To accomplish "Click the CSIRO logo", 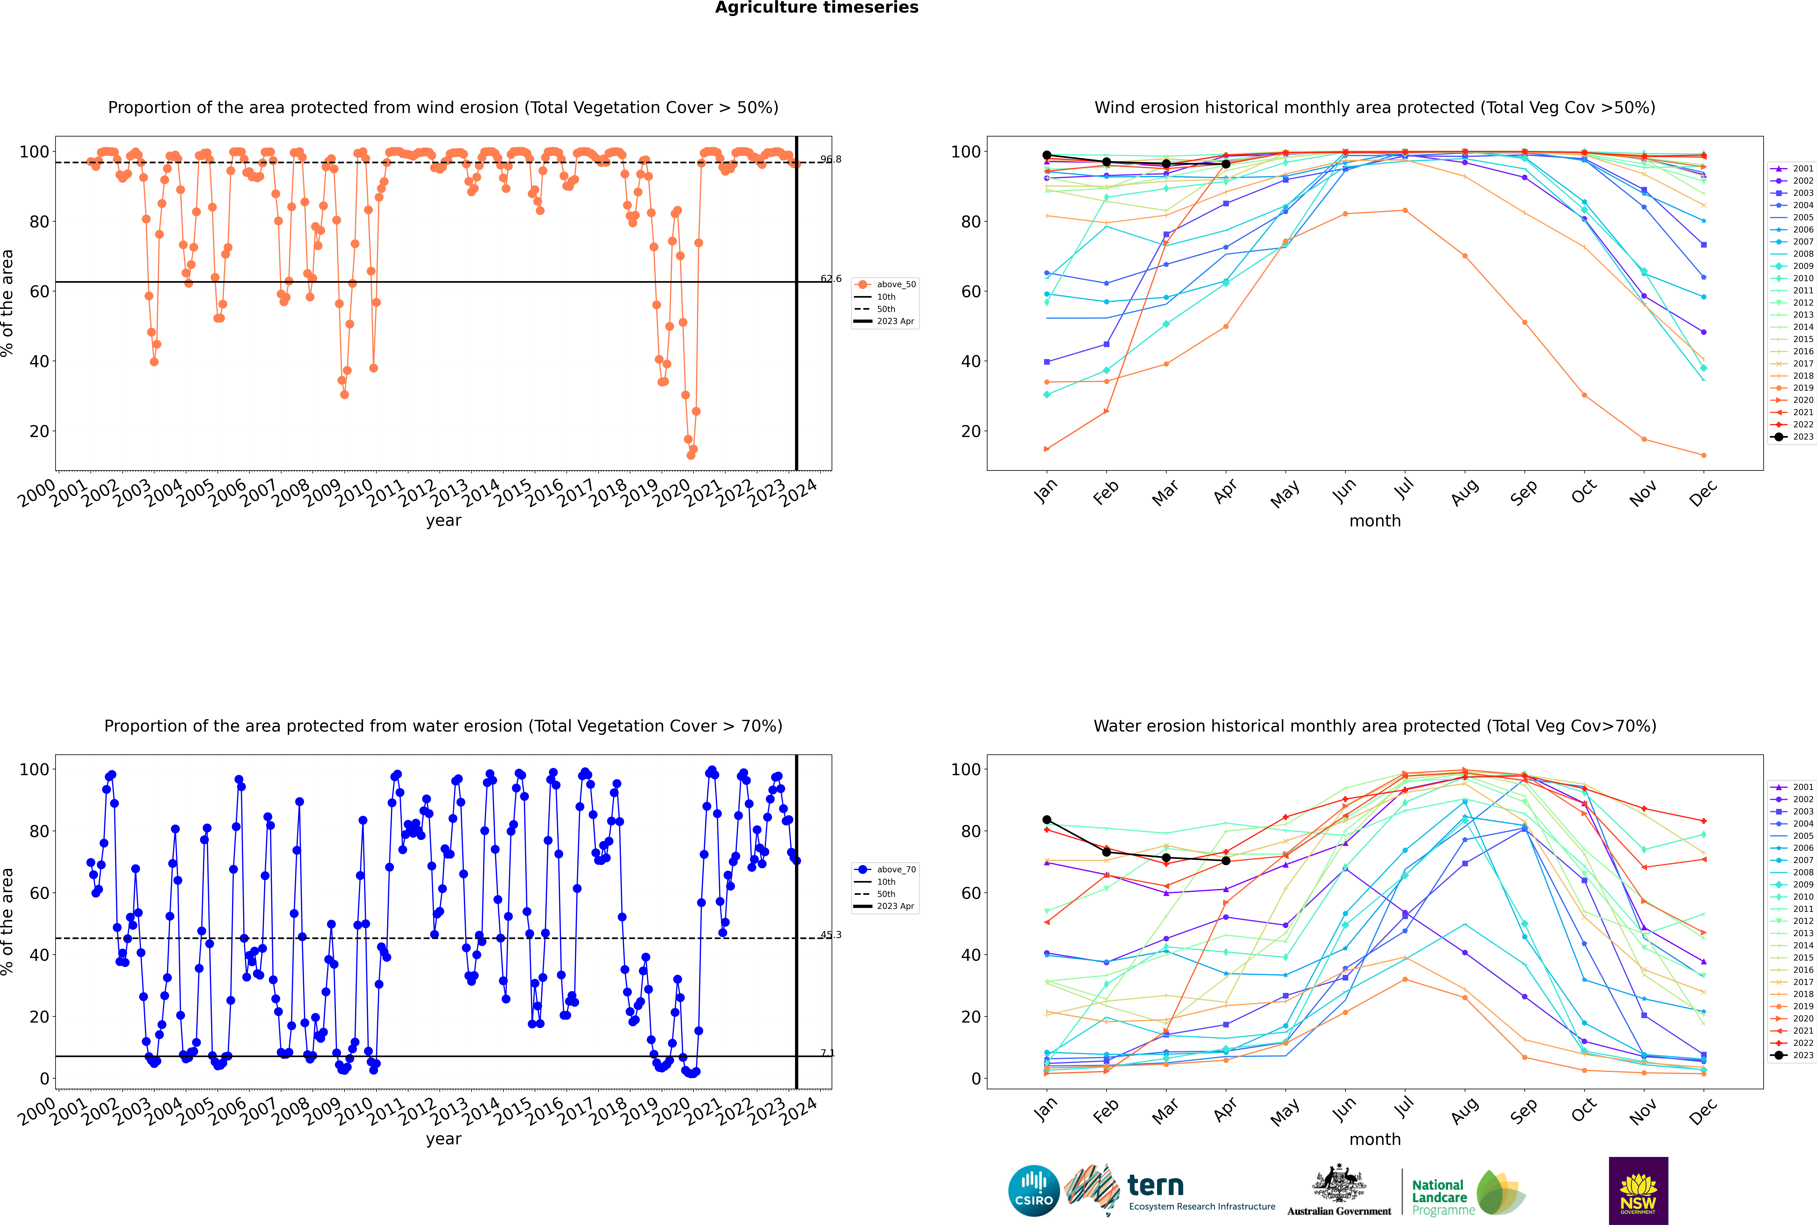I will tap(1033, 1191).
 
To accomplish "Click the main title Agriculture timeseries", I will tap(816, 8).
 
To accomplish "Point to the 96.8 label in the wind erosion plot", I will tap(830, 159).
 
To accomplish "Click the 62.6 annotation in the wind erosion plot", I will tap(830, 279).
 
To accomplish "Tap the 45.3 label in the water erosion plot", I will tap(830, 934).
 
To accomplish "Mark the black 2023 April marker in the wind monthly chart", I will tap(1226, 164).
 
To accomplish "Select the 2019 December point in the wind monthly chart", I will tap(1704, 455).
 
